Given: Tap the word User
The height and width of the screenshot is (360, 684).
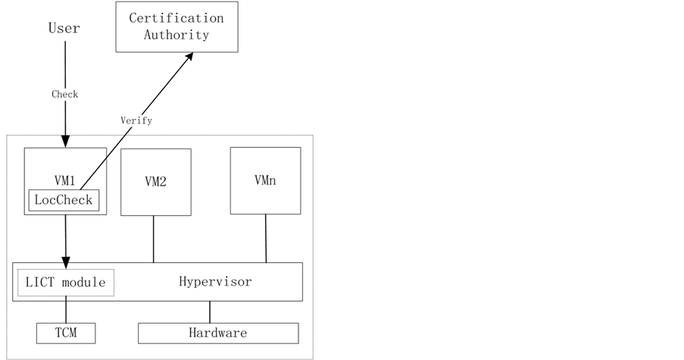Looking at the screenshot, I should point(64,29).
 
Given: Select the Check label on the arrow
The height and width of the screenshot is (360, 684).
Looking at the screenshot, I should point(64,95).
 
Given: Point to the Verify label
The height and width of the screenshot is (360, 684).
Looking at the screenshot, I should point(136,120).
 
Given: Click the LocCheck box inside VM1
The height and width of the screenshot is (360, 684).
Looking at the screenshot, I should point(64,200).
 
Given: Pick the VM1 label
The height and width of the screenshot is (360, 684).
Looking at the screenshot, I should point(64,180).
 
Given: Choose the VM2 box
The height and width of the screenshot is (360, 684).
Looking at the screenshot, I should point(155,182).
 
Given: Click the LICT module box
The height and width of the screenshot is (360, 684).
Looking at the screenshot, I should point(65,283).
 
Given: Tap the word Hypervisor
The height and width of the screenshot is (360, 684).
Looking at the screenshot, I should point(215,282).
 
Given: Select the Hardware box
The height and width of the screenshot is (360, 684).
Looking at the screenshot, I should point(217,333).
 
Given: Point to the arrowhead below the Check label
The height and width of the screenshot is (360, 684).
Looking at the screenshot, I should point(65,141).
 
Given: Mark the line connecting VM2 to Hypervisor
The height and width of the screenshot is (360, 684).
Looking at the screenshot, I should point(154,239).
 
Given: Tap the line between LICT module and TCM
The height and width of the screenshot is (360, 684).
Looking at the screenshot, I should point(65,311).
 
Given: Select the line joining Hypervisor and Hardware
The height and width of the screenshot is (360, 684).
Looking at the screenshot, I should point(211,311).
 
